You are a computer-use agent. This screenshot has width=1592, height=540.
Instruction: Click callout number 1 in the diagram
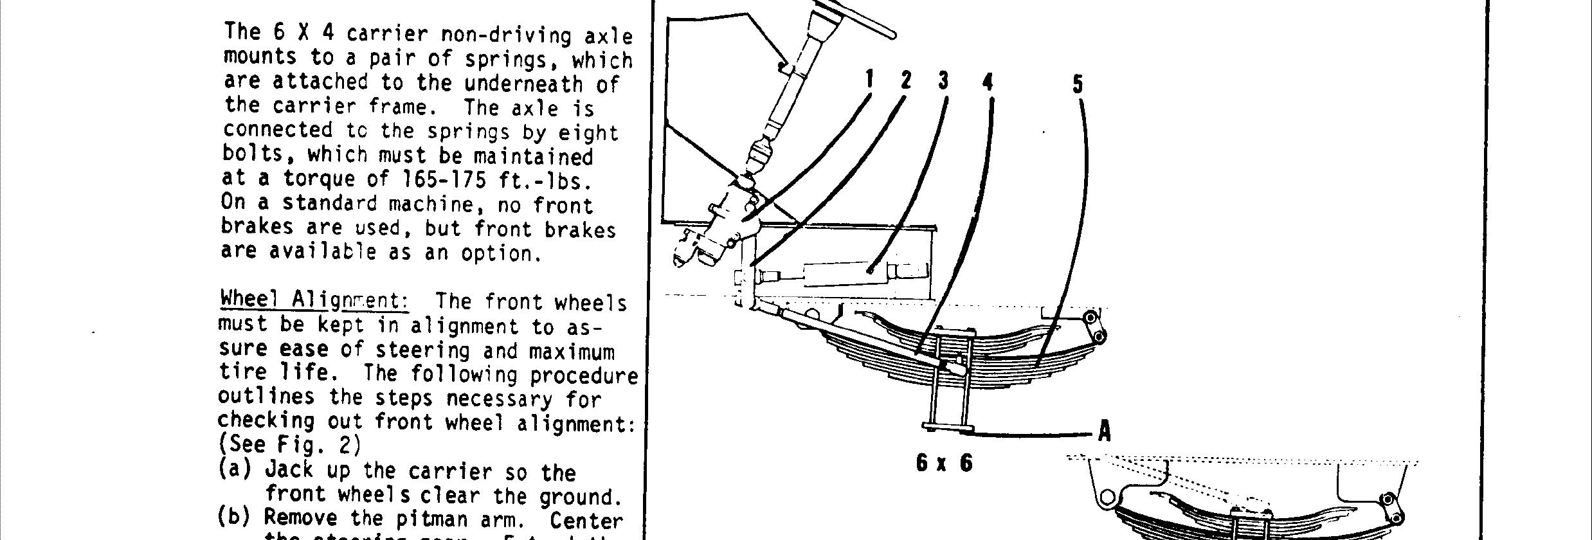click(x=869, y=80)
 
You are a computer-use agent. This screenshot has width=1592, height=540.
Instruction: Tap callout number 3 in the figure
click(x=943, y=81)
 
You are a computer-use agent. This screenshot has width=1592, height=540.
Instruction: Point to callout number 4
click(x=988, y=82)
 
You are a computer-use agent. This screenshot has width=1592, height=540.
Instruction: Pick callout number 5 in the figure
click(x=1078, y=84)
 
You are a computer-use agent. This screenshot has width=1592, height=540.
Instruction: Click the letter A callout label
click(x=1105, y=431)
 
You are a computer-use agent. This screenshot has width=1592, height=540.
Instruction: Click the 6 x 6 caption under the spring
click(x=945, y=463)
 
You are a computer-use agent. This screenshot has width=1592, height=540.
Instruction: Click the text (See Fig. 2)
click(x=289, y=445)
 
